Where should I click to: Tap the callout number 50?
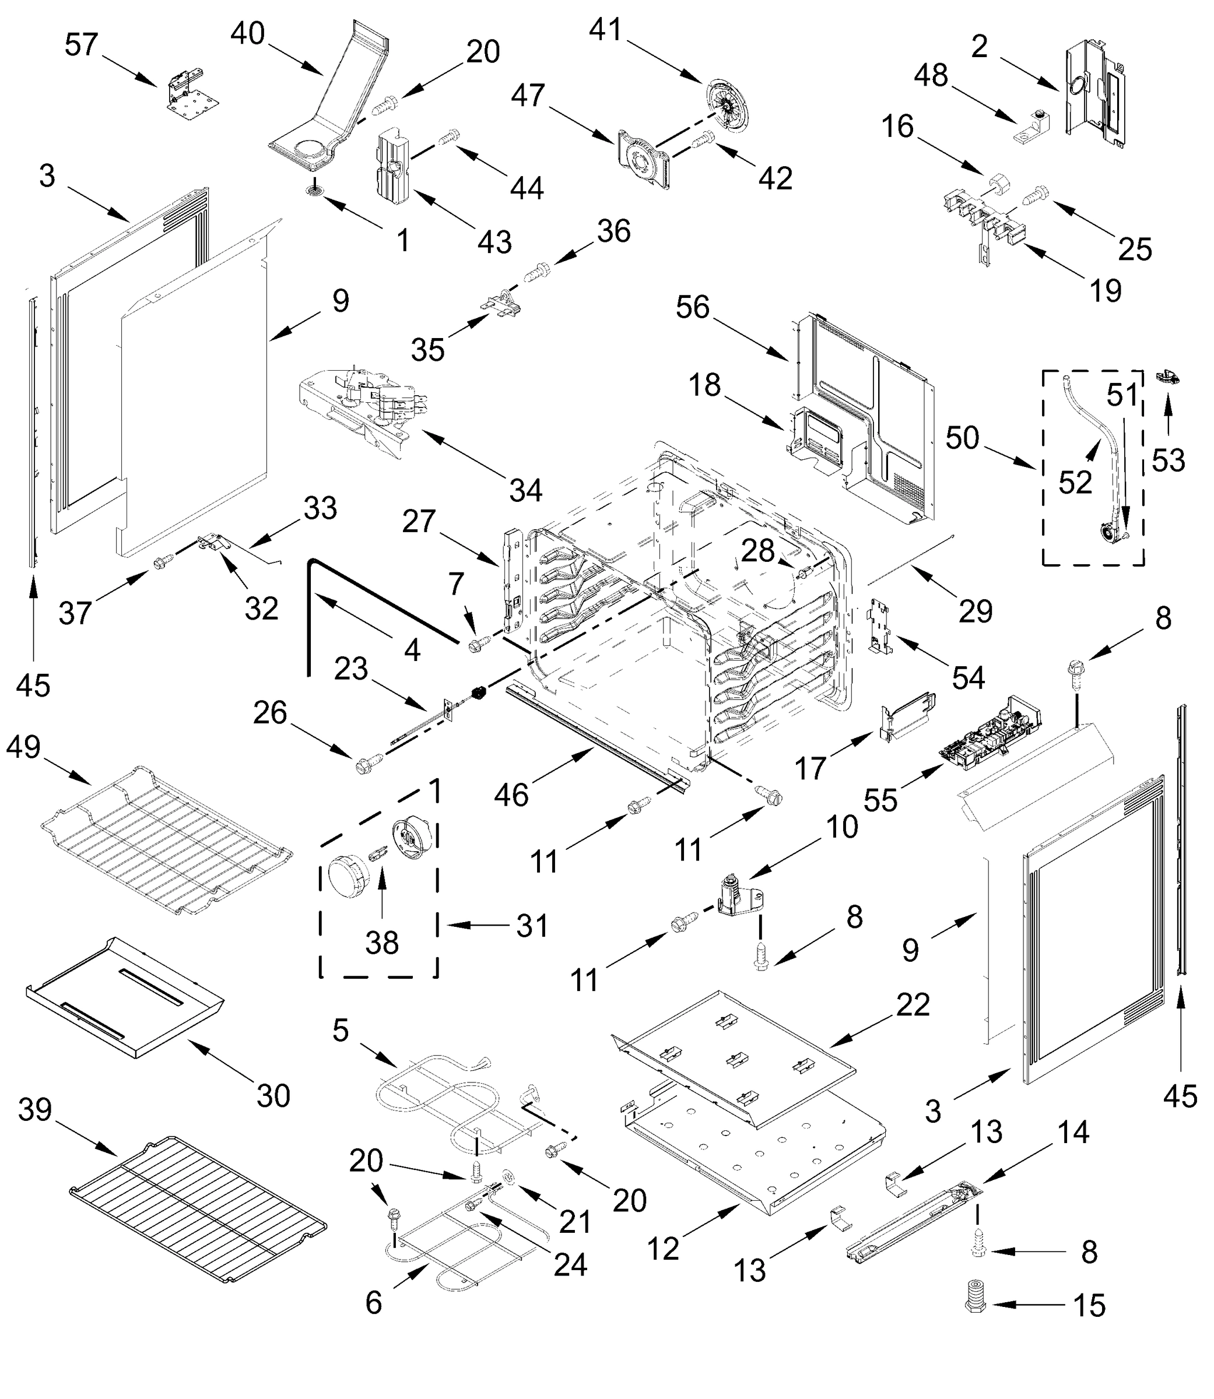pos(962,438)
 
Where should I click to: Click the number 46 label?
pos(511,795)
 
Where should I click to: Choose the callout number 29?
pos(976,611)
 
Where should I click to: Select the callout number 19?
pos(1106,290)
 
